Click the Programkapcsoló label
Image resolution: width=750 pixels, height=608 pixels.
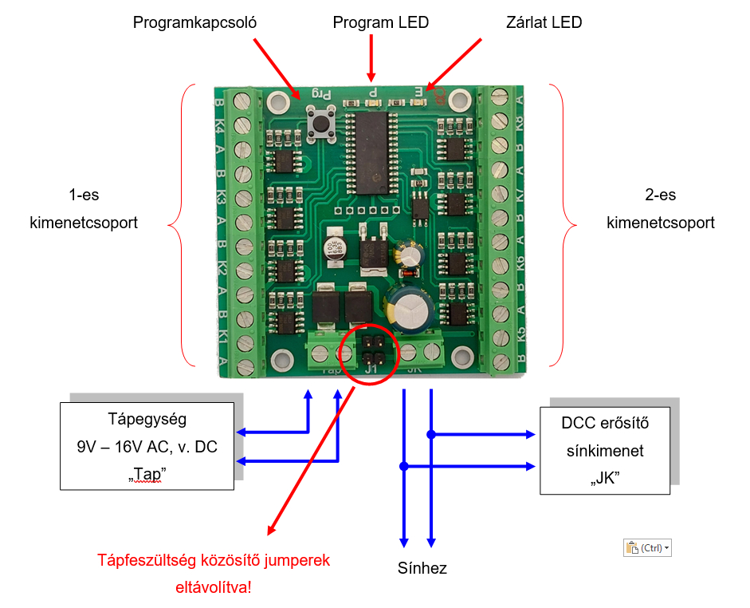click(x=194, y=22)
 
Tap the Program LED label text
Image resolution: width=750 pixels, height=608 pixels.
click(x=381, y=22)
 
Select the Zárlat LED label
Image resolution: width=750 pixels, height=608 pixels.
click(x=544, y=22)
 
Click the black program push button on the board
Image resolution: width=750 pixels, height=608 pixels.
click(x=320, y=124)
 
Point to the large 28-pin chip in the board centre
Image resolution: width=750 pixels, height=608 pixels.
click(x=372, y=153)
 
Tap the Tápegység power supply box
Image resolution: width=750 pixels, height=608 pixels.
click(x=147, y=446)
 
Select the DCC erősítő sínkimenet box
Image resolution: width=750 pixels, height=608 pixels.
click(x=605, y=451)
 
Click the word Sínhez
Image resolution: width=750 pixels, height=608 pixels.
click(x=422, y=568)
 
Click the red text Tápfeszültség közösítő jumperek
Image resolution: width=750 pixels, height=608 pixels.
click(x=214, y=560)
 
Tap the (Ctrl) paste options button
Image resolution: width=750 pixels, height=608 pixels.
click(x=647, y=547)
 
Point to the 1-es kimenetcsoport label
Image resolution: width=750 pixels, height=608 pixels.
click(x=84, y=209)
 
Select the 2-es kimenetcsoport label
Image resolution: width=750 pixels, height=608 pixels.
click(x=661, y=209)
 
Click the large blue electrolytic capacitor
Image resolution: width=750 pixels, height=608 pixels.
click(x=410, y=309)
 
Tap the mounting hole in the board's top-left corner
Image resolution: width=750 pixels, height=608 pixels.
click(x=278, y=101)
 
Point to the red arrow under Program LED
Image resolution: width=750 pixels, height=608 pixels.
click(x=371, y=57)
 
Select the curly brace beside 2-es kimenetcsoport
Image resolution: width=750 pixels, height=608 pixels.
click(x=563, y=225)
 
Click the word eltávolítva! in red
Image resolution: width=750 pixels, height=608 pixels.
click(x=214, y=587)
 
